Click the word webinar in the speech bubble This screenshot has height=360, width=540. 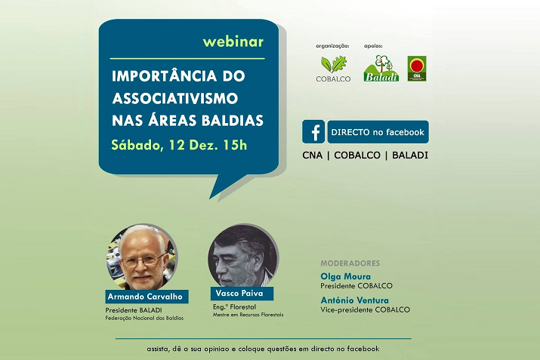[233, 42]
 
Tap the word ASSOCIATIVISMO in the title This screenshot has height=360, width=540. [175, 98]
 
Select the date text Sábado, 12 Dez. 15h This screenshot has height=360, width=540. [179, 145]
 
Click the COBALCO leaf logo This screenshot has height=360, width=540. [333, 69]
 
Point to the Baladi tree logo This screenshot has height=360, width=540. [381, 68]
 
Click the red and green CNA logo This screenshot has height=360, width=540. [417, 69]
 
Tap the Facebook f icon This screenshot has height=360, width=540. [313, 131]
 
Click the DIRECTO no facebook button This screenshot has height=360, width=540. [378, 132]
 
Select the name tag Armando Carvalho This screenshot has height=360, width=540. [147, 297]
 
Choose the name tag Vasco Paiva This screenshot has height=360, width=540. [242, 294]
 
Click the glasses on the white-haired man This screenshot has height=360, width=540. [143, 260]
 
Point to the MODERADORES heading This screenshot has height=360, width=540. [350, 263]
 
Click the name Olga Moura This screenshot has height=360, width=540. [345, 276]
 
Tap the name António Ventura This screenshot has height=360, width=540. [354, 300]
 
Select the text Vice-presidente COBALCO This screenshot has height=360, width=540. [365, 309]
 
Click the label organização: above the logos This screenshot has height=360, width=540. [332, 46]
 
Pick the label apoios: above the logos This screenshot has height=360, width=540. [373, 46]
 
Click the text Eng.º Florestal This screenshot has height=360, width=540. [234, 306]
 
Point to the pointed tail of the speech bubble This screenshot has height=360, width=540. [211, 198]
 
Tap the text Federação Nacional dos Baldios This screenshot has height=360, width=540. [144, 318]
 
